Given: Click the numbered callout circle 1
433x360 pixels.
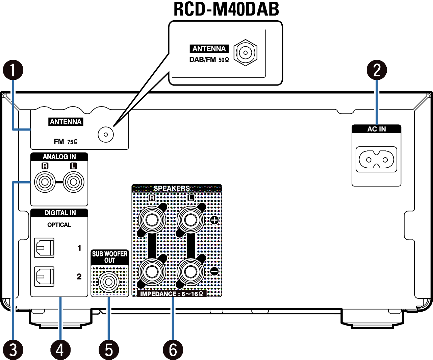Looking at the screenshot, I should click(13, 70).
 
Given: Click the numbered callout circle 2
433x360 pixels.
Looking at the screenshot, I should click(377, 70).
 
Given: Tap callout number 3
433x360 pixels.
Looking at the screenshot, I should click(13, 350).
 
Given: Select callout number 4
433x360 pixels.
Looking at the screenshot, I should click(60, 350).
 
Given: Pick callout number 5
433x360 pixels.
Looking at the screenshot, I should click(109, 350).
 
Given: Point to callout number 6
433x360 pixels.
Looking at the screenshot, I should click(173, 350).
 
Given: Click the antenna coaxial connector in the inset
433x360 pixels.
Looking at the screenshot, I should click(246, 52).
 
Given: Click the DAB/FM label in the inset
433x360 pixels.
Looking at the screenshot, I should click(203, 60).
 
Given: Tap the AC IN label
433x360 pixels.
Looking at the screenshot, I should click(377, 129).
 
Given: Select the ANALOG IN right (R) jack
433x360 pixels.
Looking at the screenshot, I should click(45, 182).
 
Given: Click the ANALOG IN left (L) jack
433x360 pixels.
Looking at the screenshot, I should click(73, 182).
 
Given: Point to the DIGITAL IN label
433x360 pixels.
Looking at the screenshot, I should click(60, 213).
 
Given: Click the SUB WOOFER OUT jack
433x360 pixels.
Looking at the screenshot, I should click(109, 281).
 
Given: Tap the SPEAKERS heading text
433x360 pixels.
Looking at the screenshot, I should click(172, 188).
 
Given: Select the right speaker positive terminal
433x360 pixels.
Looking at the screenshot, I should click(152, 220).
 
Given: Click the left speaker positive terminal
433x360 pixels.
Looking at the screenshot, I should click(191, 220).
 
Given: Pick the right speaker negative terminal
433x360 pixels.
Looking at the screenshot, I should click(152, 271).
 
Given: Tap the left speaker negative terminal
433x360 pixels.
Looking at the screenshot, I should click(191, 271).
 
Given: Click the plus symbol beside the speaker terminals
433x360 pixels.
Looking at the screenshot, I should click(214, 220).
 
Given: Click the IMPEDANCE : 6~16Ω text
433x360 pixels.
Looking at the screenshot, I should click(172, 294).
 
